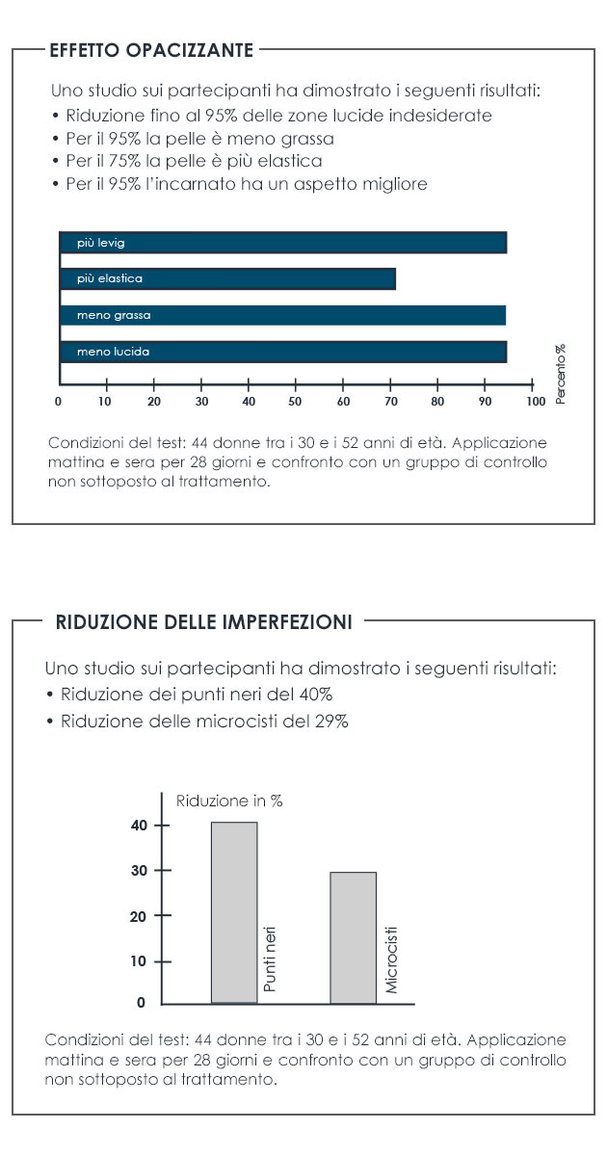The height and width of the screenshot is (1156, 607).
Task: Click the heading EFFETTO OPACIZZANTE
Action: click(151, 50)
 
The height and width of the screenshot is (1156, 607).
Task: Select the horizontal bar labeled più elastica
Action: click(227, 278)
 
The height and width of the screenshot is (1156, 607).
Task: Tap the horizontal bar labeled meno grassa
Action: click(282, 315)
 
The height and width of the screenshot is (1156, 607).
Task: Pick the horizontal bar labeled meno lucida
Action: click(282, 352)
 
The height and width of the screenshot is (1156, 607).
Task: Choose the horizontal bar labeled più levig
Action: click(282, 243)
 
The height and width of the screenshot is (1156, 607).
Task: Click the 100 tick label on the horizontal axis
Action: click(536, 401)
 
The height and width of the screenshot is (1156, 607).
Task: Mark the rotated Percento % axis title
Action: click(561, 374)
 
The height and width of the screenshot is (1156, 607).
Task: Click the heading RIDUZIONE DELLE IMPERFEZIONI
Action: click(204, 622)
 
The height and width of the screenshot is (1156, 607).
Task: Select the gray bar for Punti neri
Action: click(234, 911)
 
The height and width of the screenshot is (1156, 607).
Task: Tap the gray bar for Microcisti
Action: click(353, 937)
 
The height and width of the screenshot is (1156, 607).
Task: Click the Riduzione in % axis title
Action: click(228, 801)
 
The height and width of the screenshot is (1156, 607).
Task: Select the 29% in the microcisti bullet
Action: click(331, 722)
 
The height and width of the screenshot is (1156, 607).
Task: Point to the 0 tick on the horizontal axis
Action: click(59, 401)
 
